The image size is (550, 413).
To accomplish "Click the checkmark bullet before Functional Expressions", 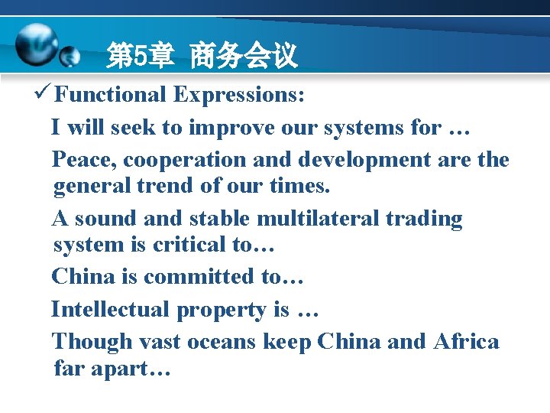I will coord(44,94).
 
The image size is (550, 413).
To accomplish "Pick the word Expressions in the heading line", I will coord(239,95).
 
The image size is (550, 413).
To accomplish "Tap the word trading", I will coord(424,219).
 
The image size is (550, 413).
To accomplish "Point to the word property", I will coord(221,310).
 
